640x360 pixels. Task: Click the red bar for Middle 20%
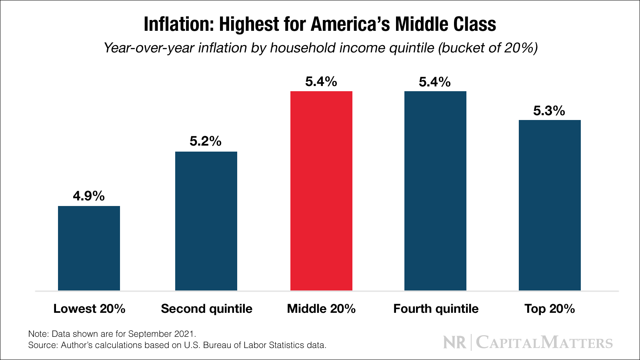(x=321, y=191)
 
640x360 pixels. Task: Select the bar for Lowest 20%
(x=89, y=248)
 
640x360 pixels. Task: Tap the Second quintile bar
(x=206, y=221)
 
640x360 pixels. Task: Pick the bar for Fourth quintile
(x=435, y=191)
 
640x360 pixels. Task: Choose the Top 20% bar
(x=550, y=205)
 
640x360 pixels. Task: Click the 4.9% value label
(x=89, y=196)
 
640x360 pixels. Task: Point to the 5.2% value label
(x=206, y=141)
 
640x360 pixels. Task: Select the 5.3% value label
(x=549, y=111)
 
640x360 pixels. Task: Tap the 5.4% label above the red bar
(x=321, y=82)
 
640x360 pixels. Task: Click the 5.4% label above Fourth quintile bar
(x=435, y=82)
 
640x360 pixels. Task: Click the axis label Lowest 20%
(x=89, y=309)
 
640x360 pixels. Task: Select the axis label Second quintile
(x=206, y=309)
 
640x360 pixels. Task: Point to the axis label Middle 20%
(x=321, y=309)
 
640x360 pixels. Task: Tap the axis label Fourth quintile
(x=436, y=309)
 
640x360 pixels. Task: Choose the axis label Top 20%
(x=550, y=309)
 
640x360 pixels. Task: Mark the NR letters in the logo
(x=454, y=343)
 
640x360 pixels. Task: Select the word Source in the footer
(x=42, y=345)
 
